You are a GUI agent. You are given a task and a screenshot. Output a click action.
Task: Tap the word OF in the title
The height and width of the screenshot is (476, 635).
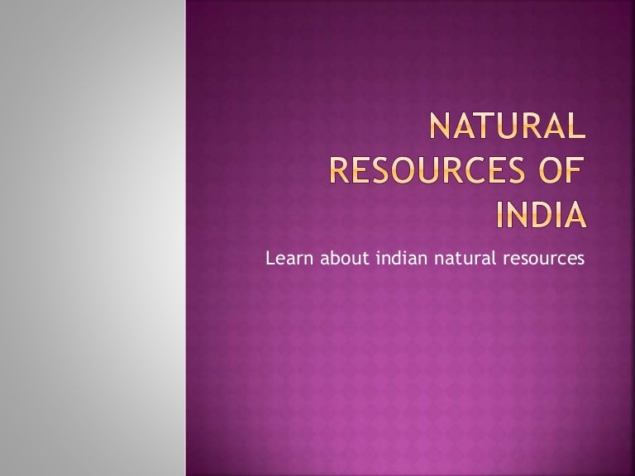pos(561,175)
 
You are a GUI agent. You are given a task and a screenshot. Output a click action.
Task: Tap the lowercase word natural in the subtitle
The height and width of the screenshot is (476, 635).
pos(463,259)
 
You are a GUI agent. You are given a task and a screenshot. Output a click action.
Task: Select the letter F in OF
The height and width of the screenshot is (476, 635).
pos(575,175)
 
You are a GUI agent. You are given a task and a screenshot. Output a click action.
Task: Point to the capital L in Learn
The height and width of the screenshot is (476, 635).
pos(270,259)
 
